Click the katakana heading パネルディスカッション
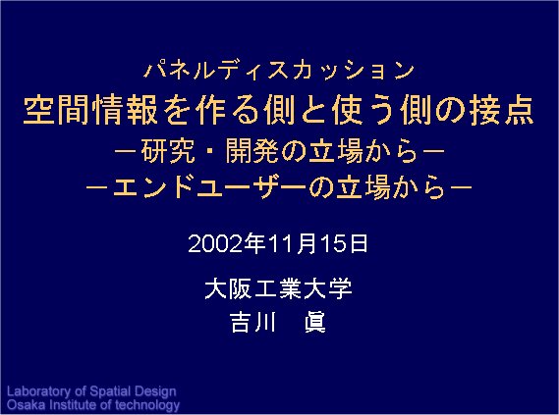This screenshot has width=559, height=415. [x=279, y=70]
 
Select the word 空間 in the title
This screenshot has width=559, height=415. [x=56, y=110]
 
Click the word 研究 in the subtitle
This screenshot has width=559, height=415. [x=168, y=151]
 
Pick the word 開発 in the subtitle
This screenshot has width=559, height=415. [x=252, y=151]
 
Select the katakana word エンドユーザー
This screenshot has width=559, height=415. [x=209, y=186]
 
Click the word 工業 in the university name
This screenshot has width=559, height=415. [x=278, y=288]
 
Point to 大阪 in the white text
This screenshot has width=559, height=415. [x=229, y=288]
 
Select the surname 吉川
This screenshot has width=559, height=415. [x=253, y=322]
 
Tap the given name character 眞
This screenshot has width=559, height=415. [x=315, y=322]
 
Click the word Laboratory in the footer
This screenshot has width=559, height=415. [x=38, y=391]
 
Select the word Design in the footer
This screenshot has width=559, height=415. [x=156, y=392]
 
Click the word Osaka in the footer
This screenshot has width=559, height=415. [x=26, y=405]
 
